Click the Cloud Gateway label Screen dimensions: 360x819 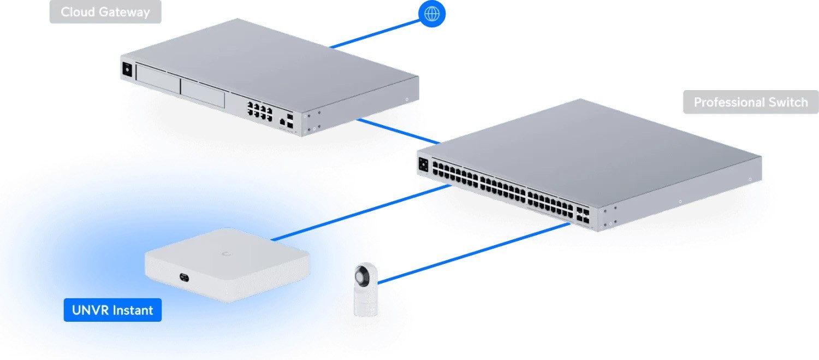point(105,12)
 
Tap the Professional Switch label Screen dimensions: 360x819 point(750,102)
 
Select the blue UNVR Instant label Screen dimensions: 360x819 point(112,310)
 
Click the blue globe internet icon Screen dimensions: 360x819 point(431,14)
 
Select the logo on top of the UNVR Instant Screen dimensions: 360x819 point(225,253)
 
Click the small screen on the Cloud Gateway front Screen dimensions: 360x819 point(127,70)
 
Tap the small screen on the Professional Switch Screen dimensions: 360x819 point(424,164)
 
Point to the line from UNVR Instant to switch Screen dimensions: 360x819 point(360,213)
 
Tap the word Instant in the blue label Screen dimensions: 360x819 point(133,310)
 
